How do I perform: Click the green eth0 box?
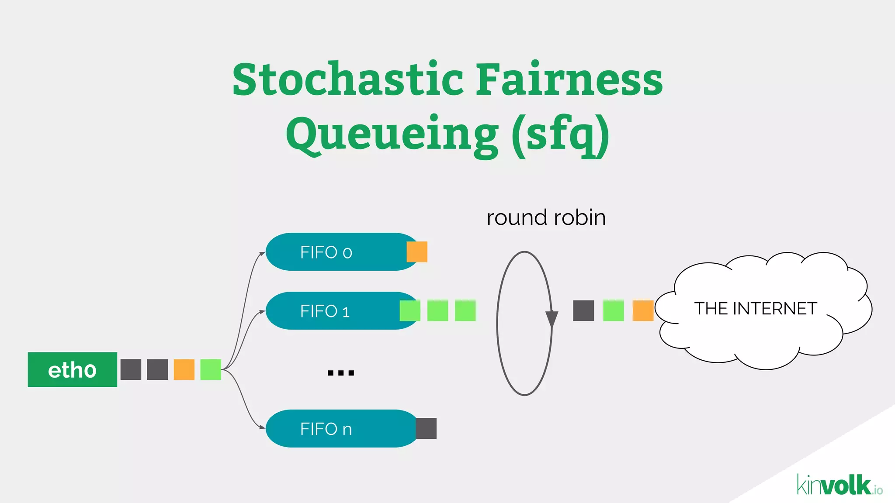[72, 369]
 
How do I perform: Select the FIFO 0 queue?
[336, 252]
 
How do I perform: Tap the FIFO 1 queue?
[332, 311]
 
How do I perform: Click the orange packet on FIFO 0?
[417, 252]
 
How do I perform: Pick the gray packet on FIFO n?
[426, 428]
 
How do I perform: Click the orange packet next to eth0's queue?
[184, 369]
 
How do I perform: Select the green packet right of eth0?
[211, 369]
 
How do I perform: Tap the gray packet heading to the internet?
[583, 310]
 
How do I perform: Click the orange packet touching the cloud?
[643, 310]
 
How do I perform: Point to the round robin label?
[546, 217]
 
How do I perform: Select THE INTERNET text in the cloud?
[756, 309]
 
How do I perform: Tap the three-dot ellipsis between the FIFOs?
[341, 373]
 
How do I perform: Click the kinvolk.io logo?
[839, 485]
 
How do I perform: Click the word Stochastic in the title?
[348, 79]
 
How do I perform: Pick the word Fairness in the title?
[569, 79]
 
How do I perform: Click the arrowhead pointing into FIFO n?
[262, 427]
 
